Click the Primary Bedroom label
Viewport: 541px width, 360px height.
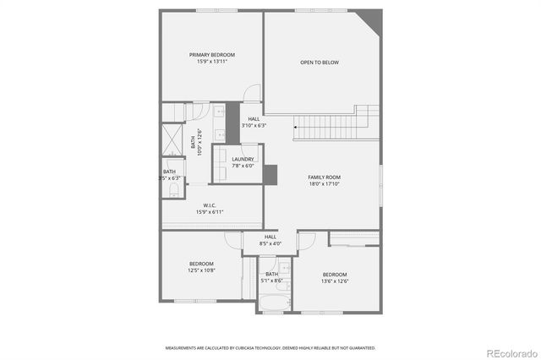212,55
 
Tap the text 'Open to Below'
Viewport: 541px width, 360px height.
320,63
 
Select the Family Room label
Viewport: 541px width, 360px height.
324,177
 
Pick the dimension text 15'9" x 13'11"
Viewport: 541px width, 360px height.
212,62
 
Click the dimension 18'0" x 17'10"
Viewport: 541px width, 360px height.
324,184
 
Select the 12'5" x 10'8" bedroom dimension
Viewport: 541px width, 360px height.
201,270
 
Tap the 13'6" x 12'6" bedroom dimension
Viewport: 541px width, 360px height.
335,281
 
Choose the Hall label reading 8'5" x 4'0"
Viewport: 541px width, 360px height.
270,243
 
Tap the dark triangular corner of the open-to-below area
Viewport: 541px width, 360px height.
370,19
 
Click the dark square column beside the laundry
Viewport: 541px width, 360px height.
270,174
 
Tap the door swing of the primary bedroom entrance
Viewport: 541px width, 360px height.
253,95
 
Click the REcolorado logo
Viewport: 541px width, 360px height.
510,352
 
